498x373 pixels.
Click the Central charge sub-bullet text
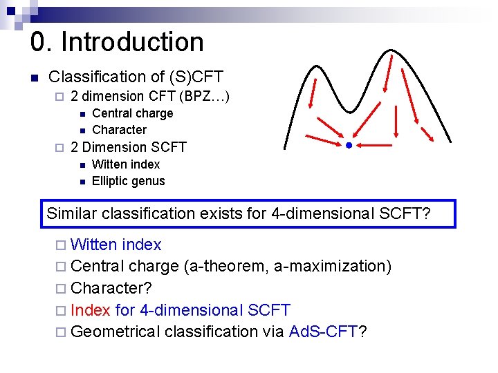click(x=132, y=113)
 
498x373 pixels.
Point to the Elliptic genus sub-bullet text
click(x=128, y=181)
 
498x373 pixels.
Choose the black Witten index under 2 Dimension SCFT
click(x=125, y=164)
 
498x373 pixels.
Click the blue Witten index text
click(x=116, y=245)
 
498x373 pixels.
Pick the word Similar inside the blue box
click(x=72, y=213)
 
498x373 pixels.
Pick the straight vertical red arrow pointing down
click(x=395, y=117)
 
